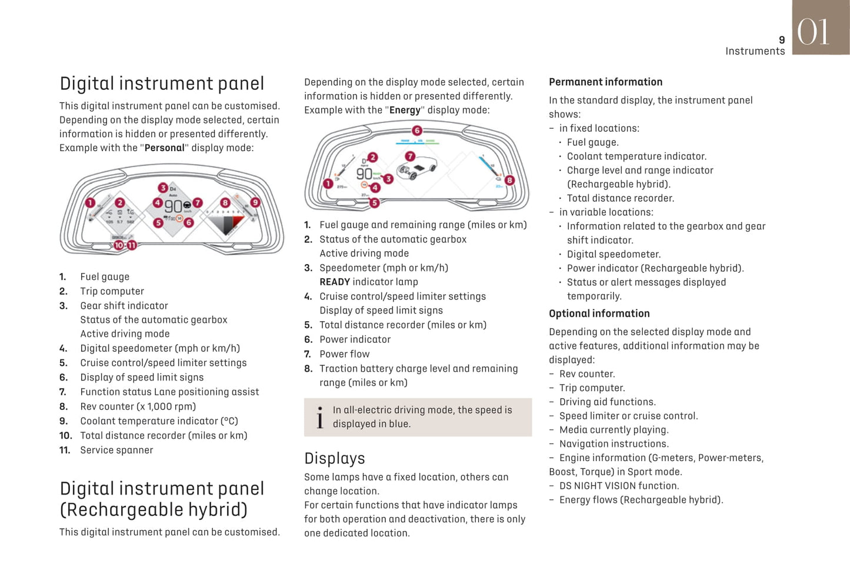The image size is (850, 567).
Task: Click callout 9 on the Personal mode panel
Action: click(x=255, y=202)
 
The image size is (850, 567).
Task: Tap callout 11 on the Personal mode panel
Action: click(x=132, y=245)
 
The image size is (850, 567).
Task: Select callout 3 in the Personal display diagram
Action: click(x=162, y=188)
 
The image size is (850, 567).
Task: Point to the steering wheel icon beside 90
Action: click(x=186, y=205)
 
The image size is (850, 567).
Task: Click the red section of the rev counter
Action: click(x=238, y=222)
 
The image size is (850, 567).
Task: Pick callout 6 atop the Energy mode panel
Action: click(x=416, y=130)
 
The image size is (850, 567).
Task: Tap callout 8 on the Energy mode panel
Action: click(x=509, y=180)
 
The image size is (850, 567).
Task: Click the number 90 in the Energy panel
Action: click(x=364, y=174)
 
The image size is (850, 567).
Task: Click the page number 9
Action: click(x=782, y=40)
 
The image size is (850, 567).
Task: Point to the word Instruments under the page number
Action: click(x=755, y=51)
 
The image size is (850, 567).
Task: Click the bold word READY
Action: click(x=335, y=282)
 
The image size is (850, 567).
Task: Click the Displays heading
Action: click(x=335, y=458)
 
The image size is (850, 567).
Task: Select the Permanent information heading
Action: click(x=605, y=82)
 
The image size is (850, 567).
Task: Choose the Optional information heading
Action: click(x=599, y=313)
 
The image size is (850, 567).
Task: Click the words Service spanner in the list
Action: click(x=116, y=450)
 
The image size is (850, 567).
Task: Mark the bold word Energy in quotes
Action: click(x=405, y=110)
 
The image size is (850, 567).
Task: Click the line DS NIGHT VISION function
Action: click(x=619, y=486)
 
